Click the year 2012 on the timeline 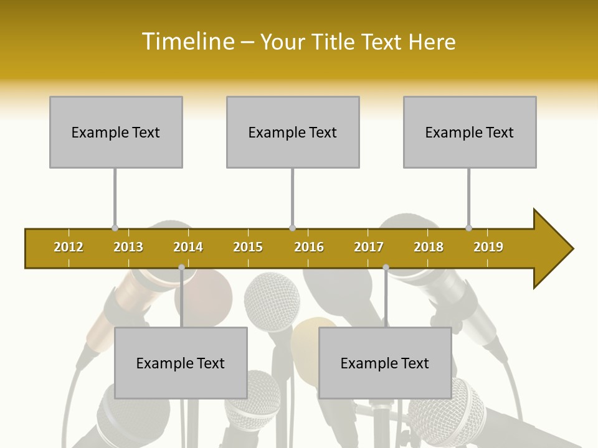[x=69, y=247]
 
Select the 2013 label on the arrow [x=128, y=247]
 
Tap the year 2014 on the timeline [x=188, y=247]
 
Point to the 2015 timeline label [x=248, y=247]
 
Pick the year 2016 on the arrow [x=309, y=247]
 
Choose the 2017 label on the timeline [x=369, y=247]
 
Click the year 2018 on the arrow [x=429, y=247]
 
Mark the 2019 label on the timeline [x=488, y=247]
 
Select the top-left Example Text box [x=116, y=133]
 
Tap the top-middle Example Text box [x=293, y=133]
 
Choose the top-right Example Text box [x=470, y=133]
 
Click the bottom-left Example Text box [x=181, y=363]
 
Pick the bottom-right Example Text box [x=385, y=363]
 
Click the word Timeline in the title [x=187, y=42]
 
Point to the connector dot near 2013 [x=115, y=228]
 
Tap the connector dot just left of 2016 [x=292, y=228]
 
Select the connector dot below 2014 [x=181, y=268]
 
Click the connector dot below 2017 [x=386, y=268]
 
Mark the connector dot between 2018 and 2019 [x=468, y=228]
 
